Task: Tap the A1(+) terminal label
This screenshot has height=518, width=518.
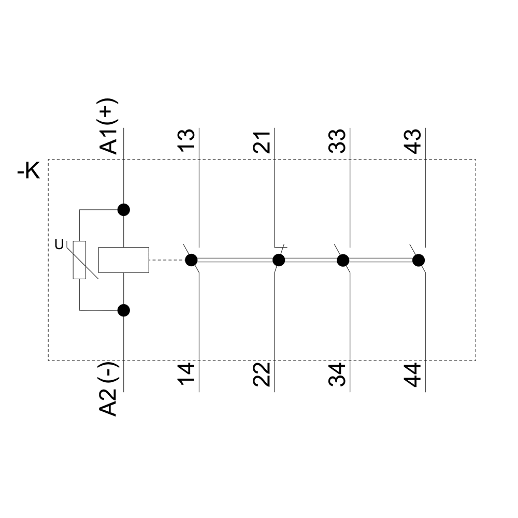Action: (x=109, y=127)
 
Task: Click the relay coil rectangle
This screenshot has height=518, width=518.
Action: (x=123, y=260)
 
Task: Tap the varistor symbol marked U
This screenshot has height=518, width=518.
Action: (x=79, y=260)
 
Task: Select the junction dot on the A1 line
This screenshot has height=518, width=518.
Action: (x=123, y=210)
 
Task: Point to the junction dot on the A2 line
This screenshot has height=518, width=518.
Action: (x=123, y=310)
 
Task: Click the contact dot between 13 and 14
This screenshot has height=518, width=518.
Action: (x=191, y=260)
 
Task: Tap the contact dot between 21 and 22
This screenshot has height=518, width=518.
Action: (x=279, y=260)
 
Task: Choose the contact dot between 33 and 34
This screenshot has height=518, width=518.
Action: (x=342, y=260)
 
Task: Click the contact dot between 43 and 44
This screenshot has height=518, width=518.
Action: (x=418, y=260)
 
